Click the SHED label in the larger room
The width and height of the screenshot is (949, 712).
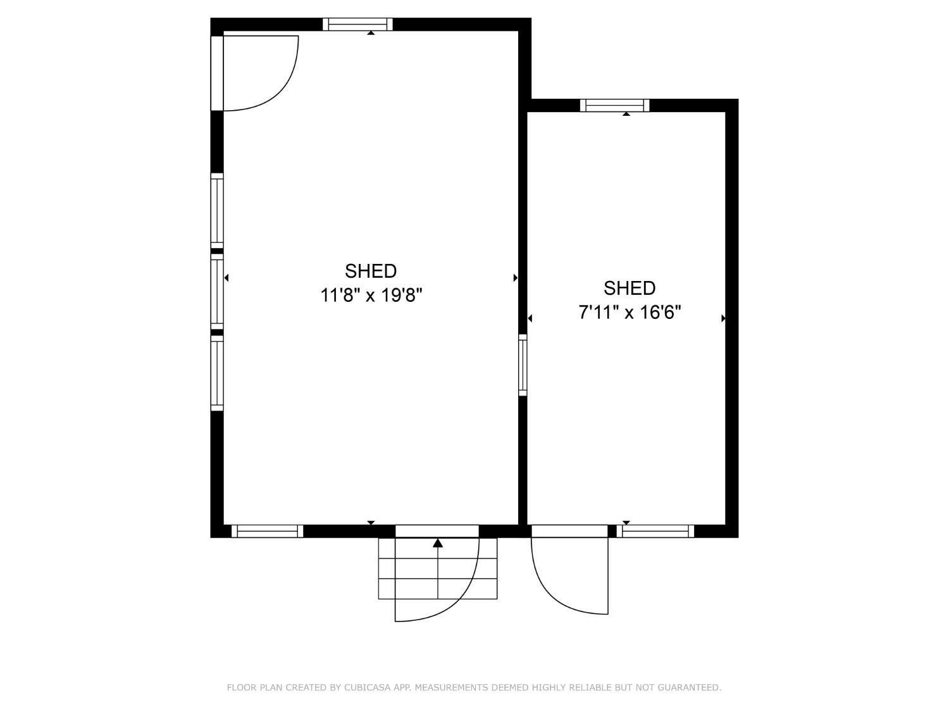tap(371, 271)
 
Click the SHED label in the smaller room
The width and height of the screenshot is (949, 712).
tap(629, 288)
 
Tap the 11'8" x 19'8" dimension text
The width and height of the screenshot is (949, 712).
tap(371, 295)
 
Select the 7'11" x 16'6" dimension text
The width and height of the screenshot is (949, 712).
tap(630, 312)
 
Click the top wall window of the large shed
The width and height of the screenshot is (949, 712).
tap(357, 25)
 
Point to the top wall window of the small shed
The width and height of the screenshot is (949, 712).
tap(615, 106)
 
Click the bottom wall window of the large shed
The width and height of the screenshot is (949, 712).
tap(268, 531)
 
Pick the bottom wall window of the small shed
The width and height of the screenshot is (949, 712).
tap(655, 531)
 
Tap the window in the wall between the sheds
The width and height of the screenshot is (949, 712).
tap(523, 365)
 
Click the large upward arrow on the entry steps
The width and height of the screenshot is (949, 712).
tap(438, 543)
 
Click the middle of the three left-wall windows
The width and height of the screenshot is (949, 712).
tap(217, 291)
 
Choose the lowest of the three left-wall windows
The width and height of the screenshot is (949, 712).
tap(217, 372)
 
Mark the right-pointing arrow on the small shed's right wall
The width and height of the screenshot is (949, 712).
tap(723, 318)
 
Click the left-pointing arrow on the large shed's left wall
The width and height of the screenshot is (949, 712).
tap(226, 277)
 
